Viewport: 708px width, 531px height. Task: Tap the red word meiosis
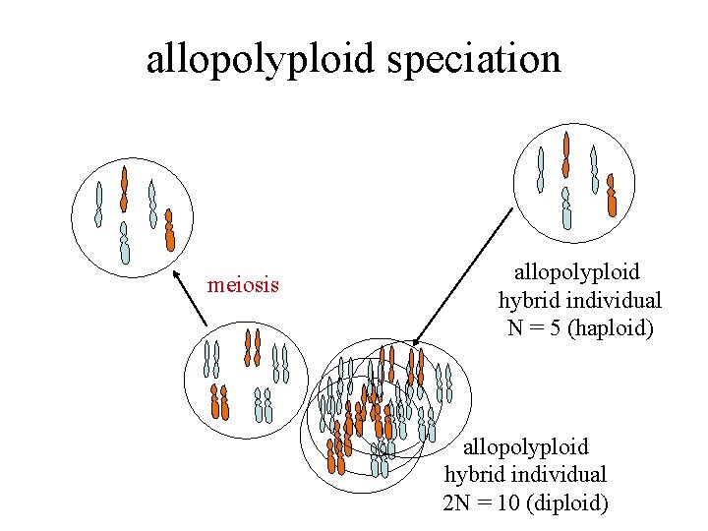pyautogui.click(x=243, y=285)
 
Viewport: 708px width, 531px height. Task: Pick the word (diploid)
pyautogui.click(x=566, y=503)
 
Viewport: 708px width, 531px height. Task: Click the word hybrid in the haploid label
pyautogui.click(x=530, y=300)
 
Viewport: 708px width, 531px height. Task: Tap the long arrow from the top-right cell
pyautogui.click(x=462, y=275)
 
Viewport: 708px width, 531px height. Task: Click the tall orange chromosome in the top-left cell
pyautogui.click(x=124, y=189)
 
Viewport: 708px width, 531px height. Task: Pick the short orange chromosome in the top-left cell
pyautogui.click(x=169, y=230)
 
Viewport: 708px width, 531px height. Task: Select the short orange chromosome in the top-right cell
pyautogui.click(x=611, y=195)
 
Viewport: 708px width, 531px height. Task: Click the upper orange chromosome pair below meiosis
pyautogui.click(x=253, y=347)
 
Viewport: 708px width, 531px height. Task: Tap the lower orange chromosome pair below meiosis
pyautogui.click(x=218, y=401)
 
